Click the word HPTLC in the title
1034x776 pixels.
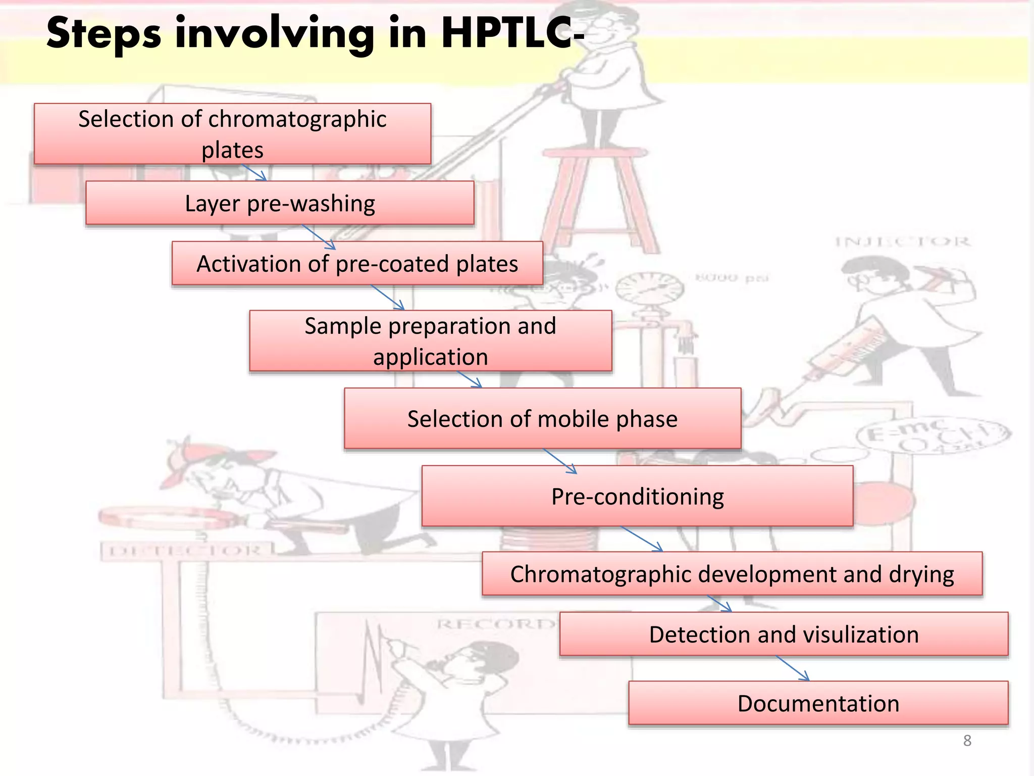[x=510, y=33]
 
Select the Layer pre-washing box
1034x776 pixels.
[x=280, y=203]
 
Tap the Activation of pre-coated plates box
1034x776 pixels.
[x=357, y=263]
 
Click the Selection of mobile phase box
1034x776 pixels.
[x=542, y=418]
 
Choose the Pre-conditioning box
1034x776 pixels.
[x=637, y=496]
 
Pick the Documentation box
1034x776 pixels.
[x=818, y=703]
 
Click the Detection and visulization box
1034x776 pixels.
[x=784, y=634]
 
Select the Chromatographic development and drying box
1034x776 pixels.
[x=732, y=574]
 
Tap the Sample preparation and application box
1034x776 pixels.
[x=430, y=341]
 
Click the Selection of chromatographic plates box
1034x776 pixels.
[x=232, y=134]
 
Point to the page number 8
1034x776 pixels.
[x=967, y=740]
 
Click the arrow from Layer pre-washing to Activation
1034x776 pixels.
[x=319, y=236]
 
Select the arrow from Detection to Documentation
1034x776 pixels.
[x=793, y=668]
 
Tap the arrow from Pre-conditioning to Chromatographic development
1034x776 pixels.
[x=641, y=539]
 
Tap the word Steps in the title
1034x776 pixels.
[x=104, y=33]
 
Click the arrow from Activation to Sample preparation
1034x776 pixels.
[x=388, y=297]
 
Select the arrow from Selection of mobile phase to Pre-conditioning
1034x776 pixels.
[x=560, y=461]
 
